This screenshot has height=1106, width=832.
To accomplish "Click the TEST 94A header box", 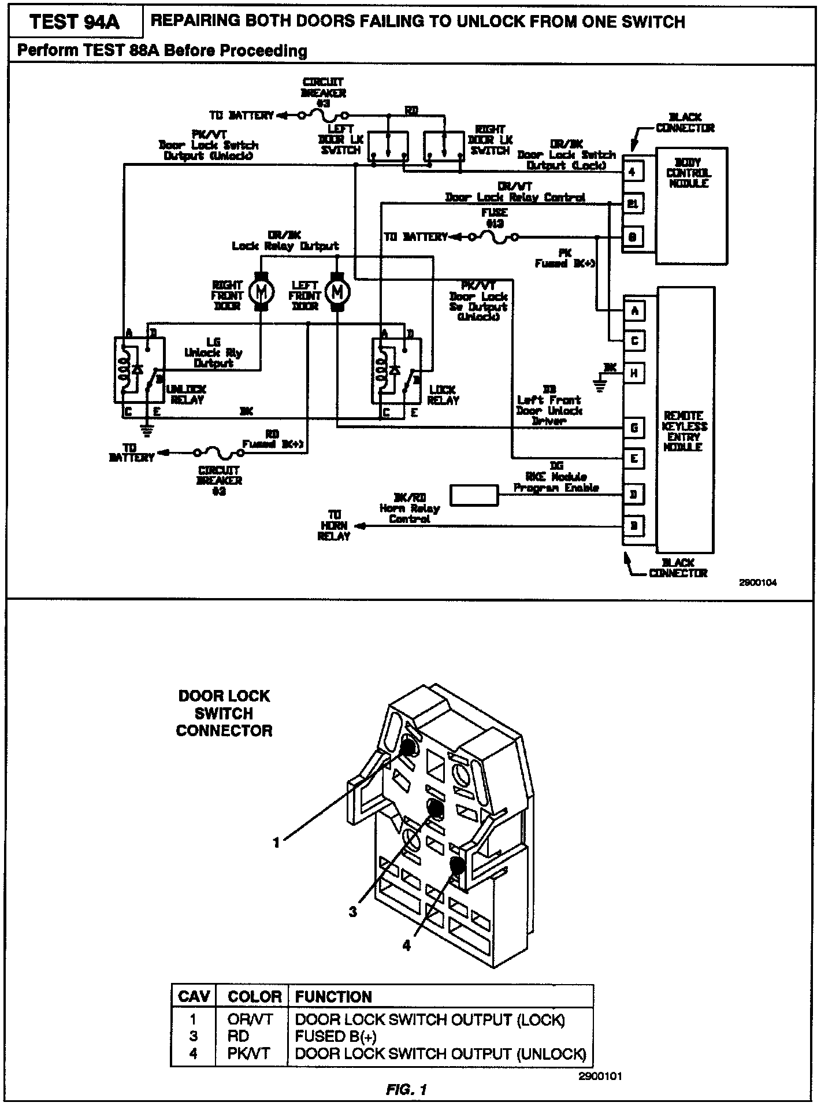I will tap(75, 22).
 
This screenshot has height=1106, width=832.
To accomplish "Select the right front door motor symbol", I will tap(261, 292).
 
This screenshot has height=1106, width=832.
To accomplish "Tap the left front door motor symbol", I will tap(337, 292).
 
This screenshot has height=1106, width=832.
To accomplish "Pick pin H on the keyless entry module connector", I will tap(634, 373).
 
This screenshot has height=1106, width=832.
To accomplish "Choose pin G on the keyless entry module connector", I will tap(634, 428).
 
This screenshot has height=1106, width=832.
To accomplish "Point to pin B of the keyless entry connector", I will tap(634, 526).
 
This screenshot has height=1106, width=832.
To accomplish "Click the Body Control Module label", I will tap(689, 173).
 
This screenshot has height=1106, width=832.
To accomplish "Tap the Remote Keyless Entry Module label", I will tap(685, 431).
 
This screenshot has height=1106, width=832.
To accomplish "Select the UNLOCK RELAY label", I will tap(186, 395).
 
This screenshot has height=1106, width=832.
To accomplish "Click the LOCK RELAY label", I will tap(443, 395).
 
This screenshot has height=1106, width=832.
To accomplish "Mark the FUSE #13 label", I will tap(494, 218).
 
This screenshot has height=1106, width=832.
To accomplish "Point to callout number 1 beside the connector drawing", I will tap(276, 843).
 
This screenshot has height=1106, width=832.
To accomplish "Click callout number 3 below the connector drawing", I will tap(353, 912).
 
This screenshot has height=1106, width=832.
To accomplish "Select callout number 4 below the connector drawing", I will tap(407, 946).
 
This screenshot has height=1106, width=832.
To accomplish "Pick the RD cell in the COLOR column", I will tap(239, 1037).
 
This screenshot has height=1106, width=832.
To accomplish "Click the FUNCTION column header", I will tap(334, 997).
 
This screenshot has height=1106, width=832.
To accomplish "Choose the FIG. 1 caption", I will tap(406, 1090).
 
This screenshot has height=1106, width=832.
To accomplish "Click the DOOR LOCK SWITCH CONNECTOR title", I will tap(224, 713).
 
